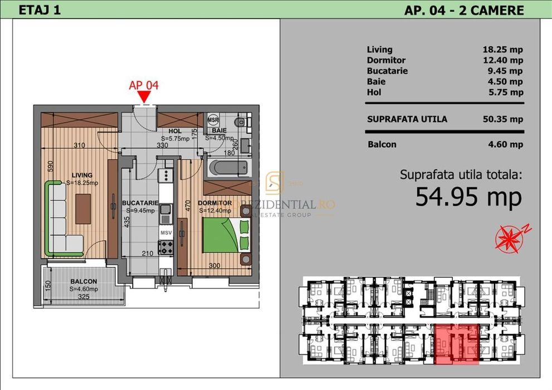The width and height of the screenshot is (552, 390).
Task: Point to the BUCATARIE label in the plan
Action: [x=140, y=203]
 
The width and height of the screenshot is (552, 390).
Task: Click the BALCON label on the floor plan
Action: [x=84, y=282]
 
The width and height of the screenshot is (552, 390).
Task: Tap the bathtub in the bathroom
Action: [x=227, y=167]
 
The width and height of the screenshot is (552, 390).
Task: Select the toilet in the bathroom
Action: [x=241, y=122]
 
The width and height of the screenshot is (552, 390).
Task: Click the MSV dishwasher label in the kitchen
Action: [x=166, y=231]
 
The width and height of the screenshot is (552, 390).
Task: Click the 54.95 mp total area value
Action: [x=468, y=197]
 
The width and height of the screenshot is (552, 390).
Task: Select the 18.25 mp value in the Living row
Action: [x=502, y=50]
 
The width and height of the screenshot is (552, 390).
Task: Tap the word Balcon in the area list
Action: [x=382, y=144]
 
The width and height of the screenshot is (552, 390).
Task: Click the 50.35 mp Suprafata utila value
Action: [x=502, y=119]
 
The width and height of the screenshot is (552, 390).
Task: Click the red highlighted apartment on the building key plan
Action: [x=456, y=344]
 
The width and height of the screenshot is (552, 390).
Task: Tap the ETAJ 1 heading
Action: [x=39, y=10]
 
